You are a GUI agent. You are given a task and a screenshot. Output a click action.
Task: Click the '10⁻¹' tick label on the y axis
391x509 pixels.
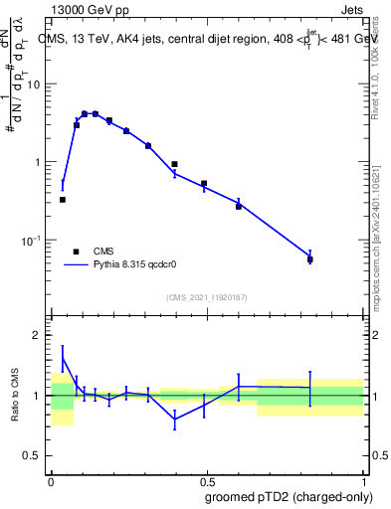point(34,240)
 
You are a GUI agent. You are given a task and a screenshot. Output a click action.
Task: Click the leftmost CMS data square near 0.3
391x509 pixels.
point(63,200)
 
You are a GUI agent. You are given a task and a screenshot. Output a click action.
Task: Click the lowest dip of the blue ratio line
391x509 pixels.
point(175,420)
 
